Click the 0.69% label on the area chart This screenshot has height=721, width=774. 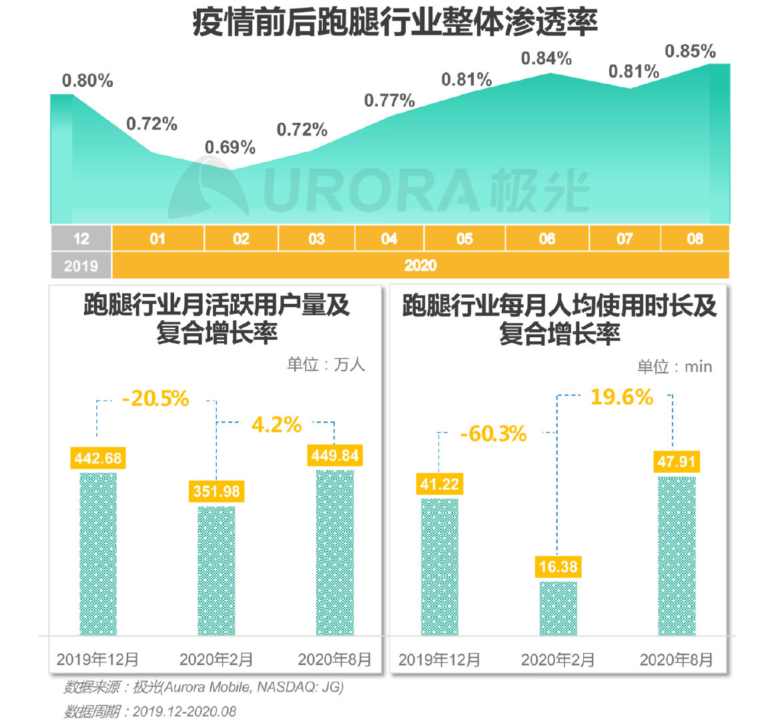coord(230,147)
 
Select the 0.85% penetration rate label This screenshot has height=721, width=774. coord(690,51)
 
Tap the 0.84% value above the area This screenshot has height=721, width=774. coord(546,59)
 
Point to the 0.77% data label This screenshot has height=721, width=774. coord(389,101)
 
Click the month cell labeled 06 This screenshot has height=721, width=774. coord(546,238)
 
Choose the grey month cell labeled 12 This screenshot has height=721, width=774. coord(81,238)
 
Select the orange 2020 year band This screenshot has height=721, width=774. coord(420,265)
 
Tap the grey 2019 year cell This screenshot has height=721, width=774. coord(81,266)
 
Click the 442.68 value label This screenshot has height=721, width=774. coord(98,458)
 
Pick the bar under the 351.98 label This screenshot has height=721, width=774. coord(216,571)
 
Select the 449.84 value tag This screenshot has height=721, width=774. coord(335,455)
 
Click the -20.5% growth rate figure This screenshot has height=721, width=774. coord(155,399)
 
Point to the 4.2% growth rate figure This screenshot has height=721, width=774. coord(276,425)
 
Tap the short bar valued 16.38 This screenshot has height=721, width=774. coord(558,608)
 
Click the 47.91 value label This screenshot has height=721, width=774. coord(677,461)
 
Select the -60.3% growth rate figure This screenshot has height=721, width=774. coord(493,434)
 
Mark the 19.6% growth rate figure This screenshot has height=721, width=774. coord(621,397)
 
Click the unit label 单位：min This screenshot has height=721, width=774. coord(675,367)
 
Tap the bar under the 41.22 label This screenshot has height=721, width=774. coord(440,567)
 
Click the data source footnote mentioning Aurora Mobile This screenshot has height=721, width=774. coord(204,687)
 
